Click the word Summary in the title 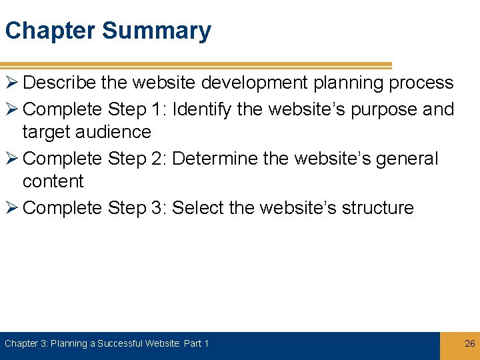click(157, 31)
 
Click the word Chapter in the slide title click(51, 31)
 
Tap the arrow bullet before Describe click(12, 83)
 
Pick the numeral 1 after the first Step click(157, 109)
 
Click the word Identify click(201, 109)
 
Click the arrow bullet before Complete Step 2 click(12, 159)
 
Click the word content click(53, 181)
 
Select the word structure click(377, 208)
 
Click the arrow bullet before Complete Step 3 click(12, 209)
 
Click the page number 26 click(469, 343)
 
